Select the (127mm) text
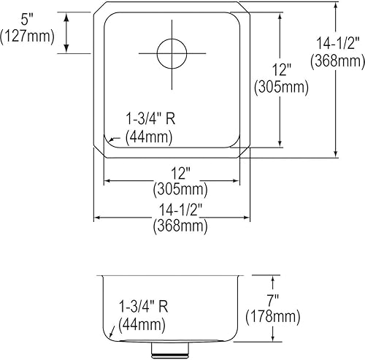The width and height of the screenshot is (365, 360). (28, 36)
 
